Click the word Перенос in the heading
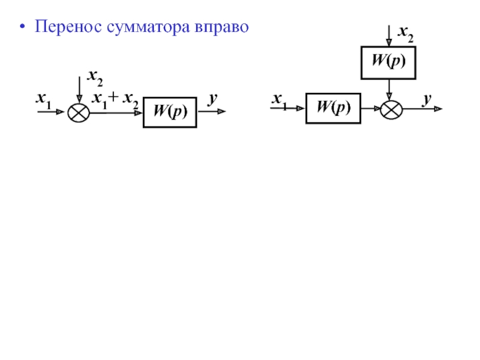click(x=68, y=26)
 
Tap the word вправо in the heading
click(x=221, y=28)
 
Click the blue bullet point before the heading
click(x=22, y=26)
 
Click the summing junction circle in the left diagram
click(x=79, y=113)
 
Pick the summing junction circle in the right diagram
click(x=391, y=110)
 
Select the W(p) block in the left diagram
click(x=170, y=112)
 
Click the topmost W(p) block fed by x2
click(x=388, y=63)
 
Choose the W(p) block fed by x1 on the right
click(x=334, y=109)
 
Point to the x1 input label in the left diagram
click(x=44, y=100)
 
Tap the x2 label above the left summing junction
click(x=95, y=77)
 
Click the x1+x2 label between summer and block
click(x=115, y=100)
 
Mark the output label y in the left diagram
click(x=213, y=98)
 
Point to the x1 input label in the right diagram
click(x=280, y=101)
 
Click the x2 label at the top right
click(x=406, y=34)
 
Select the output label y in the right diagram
click(x=427, y=99)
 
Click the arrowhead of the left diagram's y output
click(x=221, y=112)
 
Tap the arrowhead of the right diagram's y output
click(x=438, y=109)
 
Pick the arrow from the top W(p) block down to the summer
click(x=389, y=90)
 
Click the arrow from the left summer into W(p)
click(x=116, y=113)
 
